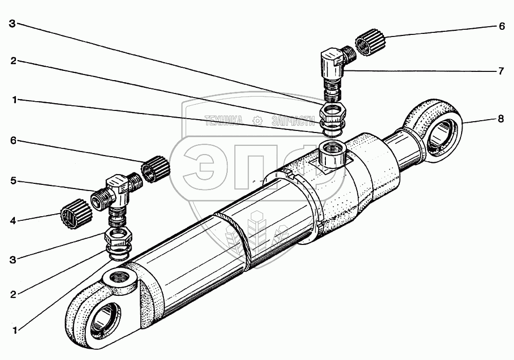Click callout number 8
(x=500, y=119)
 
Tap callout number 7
(x=500, y=71)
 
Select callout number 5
(x=13, y=181)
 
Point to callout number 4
(x=13, y=221)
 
